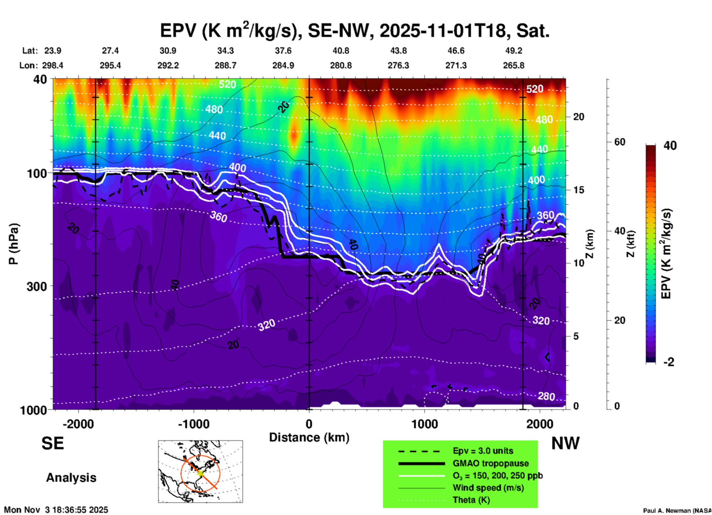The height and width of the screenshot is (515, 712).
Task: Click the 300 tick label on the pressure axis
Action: tap(37, 286)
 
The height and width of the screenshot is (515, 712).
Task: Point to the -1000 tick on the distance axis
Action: tap(193, 424)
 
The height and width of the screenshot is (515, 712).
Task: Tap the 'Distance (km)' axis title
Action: tap(309, 437)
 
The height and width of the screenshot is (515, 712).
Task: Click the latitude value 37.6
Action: tap(283, 51)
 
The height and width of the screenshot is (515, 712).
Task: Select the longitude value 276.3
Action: tap(398, 65)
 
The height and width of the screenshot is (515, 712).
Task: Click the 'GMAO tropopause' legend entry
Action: tap(491, 463)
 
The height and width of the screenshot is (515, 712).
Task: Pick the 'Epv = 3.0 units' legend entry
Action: tap(483, 451)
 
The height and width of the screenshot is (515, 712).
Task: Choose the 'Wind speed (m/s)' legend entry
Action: tap(488, 488)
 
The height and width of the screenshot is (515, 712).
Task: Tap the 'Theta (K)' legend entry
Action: tap(471, 500)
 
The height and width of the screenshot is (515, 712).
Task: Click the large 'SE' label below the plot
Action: tap(52, 443)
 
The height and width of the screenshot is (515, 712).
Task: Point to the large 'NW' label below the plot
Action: tap(565, 443)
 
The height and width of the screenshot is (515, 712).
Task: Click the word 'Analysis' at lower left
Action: tap(71, 478)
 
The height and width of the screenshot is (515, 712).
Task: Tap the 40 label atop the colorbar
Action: tap(670, 146)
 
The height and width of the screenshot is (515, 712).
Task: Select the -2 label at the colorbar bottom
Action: tap(669, 362)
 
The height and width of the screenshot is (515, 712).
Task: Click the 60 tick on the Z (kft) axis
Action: tap(620, 142)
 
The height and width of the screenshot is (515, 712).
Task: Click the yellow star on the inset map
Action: tap(200, 473)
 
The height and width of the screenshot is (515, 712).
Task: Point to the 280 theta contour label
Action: tap(546, 396)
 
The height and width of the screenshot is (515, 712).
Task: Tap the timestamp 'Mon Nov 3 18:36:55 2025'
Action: tap(56, 510)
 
